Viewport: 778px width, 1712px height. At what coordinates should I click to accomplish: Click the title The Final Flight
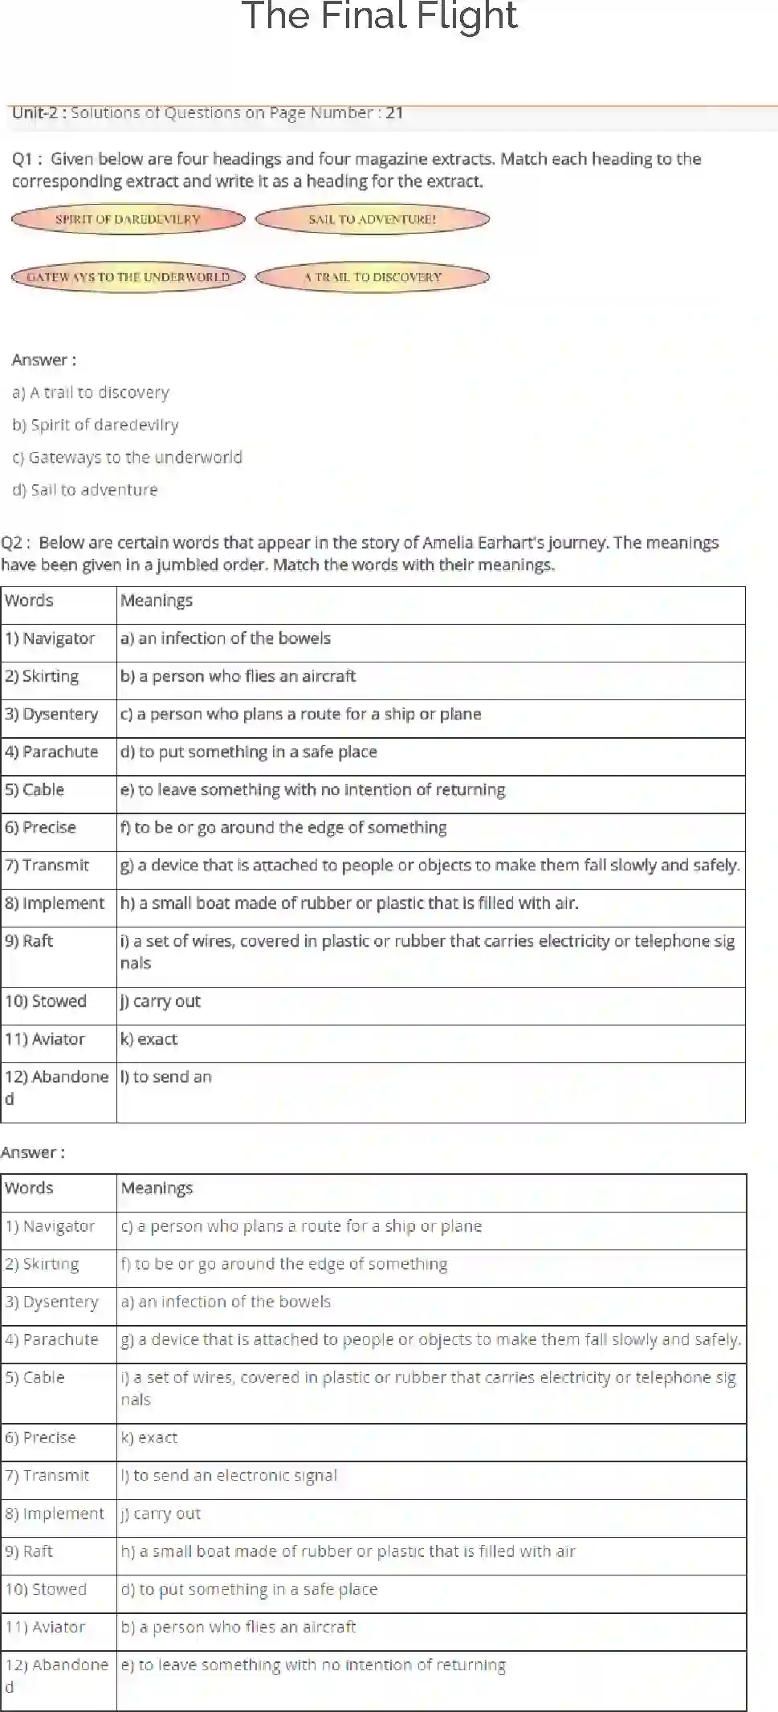click(380, 16)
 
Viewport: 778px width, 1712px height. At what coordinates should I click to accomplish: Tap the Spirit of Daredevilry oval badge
click(128, 219)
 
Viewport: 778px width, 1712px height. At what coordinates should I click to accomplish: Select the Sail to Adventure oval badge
click(373, 219)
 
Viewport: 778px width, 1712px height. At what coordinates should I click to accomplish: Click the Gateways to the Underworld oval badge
click(128, 277)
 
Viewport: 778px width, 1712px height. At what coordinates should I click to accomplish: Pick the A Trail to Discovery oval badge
click(373, 277)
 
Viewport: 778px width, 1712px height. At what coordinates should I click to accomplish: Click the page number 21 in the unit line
click(394, 113)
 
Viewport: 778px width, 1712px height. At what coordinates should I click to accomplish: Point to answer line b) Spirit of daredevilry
click(96, 425)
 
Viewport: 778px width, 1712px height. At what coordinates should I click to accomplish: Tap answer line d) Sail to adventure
click(85, 490)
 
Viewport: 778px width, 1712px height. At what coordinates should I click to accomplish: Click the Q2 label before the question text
click(13, 543)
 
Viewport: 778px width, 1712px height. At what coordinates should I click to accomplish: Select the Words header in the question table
click(30, 601)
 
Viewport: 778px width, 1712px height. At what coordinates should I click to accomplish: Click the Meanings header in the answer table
click(157, 1188)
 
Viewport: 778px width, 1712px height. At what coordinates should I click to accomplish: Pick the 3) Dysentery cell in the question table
click(52, 714)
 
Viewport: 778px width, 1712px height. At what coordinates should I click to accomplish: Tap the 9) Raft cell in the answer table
click(30, 1551)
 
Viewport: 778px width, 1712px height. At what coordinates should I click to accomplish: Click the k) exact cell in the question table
click(149, 1039)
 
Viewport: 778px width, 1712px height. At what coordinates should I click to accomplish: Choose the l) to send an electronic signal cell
click(230, 1475)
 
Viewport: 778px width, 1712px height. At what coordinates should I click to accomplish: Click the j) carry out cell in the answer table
click(161, 1514)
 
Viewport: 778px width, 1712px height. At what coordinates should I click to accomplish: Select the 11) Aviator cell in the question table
click(45, 1039)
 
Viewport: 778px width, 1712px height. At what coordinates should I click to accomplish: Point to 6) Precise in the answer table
click(41, 1437)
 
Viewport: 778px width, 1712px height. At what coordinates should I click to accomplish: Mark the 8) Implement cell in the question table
click(55, 903)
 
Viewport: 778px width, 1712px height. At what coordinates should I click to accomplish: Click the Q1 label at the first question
click(23, 159)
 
